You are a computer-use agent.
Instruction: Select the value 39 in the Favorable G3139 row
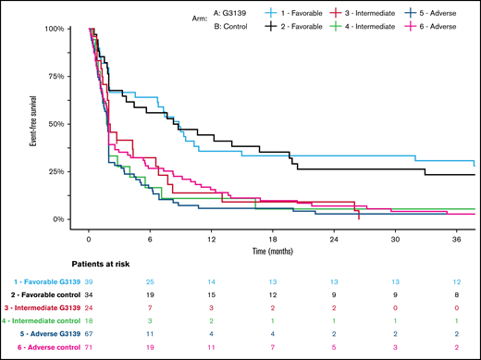[x=89, y=280]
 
